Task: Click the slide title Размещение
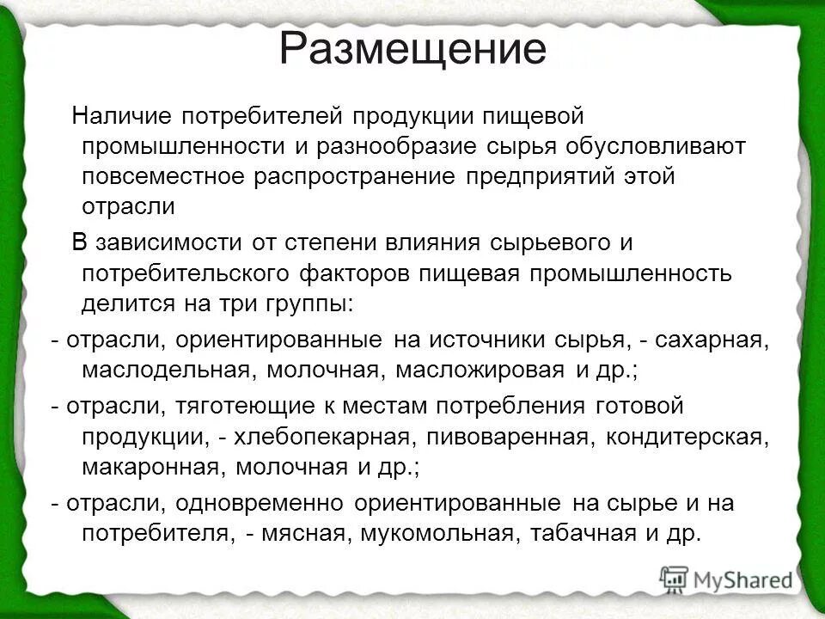412,49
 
